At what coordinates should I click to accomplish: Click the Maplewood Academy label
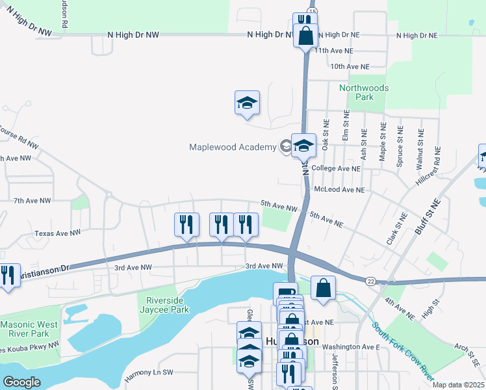(233, 147)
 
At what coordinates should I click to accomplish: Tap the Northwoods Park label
(364, 92)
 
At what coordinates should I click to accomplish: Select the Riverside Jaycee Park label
(167, 305)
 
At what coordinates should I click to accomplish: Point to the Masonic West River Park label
(29, 329)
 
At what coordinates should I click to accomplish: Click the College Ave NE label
(336, 168)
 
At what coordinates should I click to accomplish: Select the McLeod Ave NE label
(339, 190)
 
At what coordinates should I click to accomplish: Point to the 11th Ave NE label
(334, 50)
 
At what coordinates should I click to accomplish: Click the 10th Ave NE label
(350, 66)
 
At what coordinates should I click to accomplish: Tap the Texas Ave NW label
(58, 232)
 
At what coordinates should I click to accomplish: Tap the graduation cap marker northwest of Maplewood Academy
(247, 103)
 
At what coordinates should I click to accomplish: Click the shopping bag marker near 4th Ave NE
(323, 287)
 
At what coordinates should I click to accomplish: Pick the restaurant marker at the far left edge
(7, 276)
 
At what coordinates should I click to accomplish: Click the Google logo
(21, 382)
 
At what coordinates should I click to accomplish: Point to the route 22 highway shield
(370, 280)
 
